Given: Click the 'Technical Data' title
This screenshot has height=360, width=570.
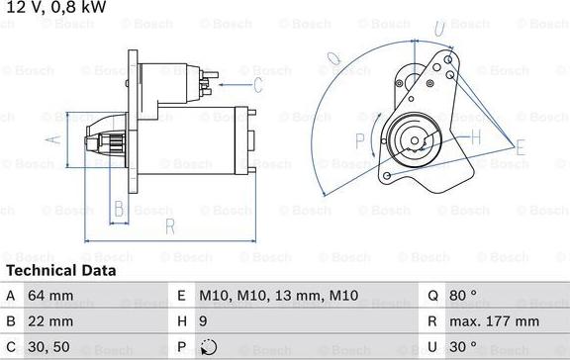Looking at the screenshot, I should (x=61, y=270).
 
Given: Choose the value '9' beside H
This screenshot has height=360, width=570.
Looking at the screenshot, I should (x=204, y=321).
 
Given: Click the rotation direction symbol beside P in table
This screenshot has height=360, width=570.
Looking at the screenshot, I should (x=206, y=347).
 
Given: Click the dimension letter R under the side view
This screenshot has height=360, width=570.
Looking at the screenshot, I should (x=170, y=225).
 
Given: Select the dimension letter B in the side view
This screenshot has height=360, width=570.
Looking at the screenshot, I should (x=118, y=208).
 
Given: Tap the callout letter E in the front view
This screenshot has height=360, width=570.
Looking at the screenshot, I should (x=522, y=148).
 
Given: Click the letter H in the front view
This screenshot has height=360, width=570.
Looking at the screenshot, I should (x=475, y=135).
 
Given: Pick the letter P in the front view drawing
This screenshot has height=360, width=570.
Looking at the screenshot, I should (x=359, y=139).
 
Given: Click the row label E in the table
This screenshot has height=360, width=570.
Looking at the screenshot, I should (x=181, y=295).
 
